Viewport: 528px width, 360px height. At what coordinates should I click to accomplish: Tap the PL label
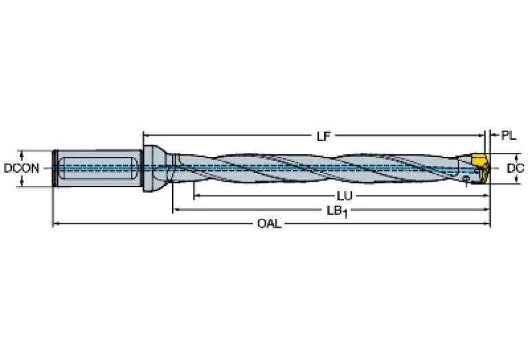(x=508, y=136)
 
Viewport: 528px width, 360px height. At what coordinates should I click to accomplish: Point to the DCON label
(x=20, y=167)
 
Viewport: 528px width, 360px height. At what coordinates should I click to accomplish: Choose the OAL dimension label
(x=269, y=224)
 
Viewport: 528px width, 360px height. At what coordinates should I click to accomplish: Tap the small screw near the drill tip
(x=466, y=180)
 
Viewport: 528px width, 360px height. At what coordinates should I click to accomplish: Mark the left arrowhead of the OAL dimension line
(x=56, y=224)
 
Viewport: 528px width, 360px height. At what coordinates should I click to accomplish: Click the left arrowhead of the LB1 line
(x=176, y=209)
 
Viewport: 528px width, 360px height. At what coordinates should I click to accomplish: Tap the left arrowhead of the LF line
(x=147, y=135)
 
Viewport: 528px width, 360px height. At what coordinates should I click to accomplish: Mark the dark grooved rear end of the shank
(x=53, y=168)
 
